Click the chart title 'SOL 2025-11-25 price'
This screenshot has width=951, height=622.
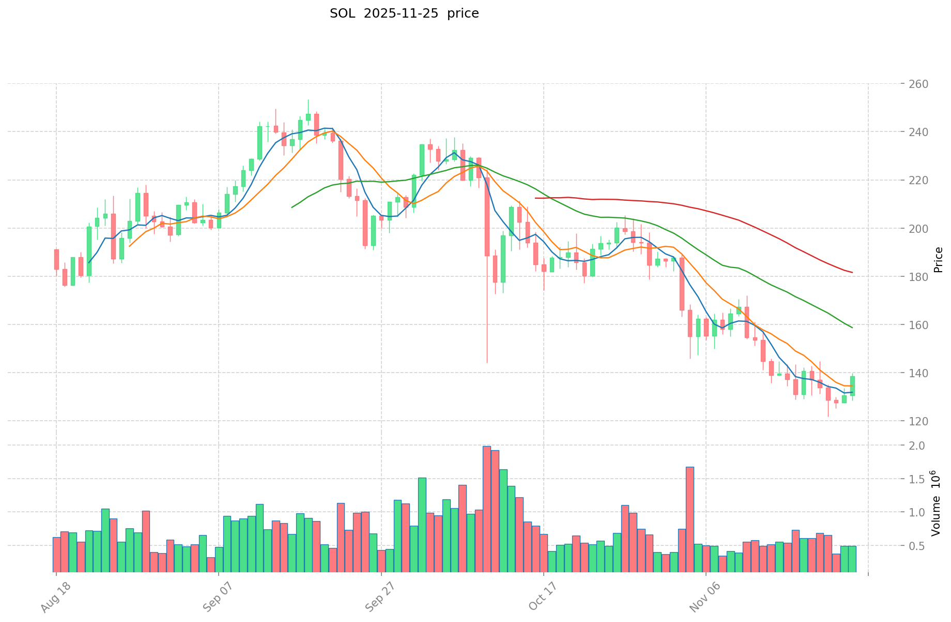point(404,13)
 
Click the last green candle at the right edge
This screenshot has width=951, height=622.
point(852,386)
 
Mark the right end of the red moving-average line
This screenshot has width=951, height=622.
point(852,272)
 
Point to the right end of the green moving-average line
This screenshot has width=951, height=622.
point(852,328)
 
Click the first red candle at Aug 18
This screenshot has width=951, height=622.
point(56,259)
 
